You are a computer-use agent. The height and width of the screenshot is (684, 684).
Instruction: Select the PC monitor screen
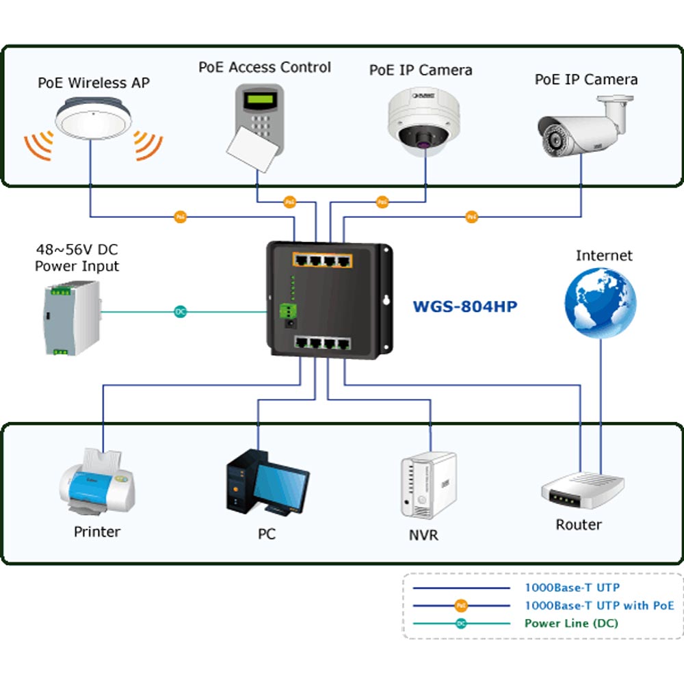(x=282, y=482)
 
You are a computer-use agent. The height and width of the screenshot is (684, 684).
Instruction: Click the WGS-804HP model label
(x=464, y=306)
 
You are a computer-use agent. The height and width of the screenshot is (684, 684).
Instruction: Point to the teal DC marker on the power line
(x=180, y=312)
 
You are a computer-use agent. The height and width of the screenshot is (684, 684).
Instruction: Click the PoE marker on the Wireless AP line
(x=181, y=217)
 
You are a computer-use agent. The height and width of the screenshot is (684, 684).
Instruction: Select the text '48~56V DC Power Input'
(x=77, y=258)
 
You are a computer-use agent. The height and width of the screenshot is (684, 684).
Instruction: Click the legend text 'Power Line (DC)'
(x=571, y=623)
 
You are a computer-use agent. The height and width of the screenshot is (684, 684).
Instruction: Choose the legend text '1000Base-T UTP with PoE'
(x=599, y=605)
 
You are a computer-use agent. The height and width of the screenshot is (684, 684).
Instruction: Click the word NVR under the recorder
(x=423, y=535)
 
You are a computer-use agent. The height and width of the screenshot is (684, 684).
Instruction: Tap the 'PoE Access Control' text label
(x=265, y=68)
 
